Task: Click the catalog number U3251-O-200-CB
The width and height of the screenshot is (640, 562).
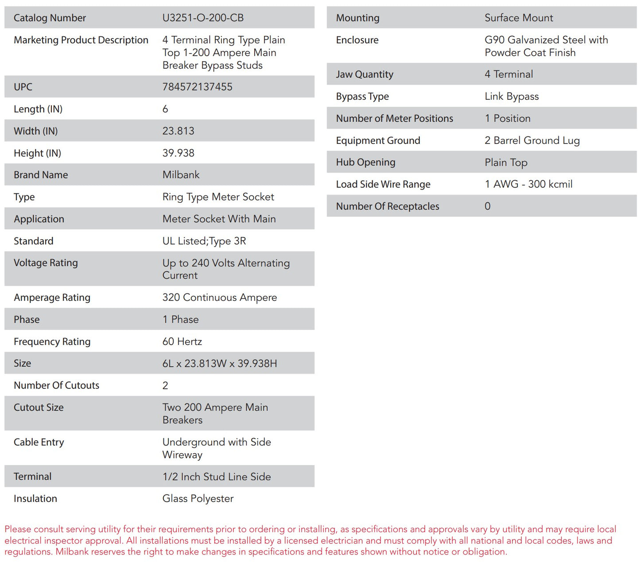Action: (x=203, y=18)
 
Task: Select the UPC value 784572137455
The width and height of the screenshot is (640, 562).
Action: (x=197, y=87)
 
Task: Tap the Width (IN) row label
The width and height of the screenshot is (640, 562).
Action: (x=35, y=131)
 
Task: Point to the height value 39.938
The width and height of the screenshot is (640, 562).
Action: (x=178, y=153)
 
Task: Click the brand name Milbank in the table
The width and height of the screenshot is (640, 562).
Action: (x=181, y=175)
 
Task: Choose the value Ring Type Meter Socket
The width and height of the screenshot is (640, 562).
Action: (x=218, y=197)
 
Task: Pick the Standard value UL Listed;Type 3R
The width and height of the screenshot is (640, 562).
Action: (x=204, y=241)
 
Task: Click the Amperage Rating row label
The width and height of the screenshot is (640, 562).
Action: (x=52, y=298)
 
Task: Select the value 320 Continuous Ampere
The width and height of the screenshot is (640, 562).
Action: (x=219, y=298)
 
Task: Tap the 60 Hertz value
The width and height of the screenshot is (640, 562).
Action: (x=182, y=341)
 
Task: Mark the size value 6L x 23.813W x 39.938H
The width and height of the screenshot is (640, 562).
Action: (x=219, y=364)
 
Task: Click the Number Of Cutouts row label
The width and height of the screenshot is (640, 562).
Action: (x=56, y=385)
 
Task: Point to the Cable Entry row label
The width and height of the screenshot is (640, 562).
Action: (x=39, y=442)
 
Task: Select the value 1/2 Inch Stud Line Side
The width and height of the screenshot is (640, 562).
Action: (x=216, y=477)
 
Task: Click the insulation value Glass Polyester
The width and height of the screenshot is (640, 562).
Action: (x=198, y=499)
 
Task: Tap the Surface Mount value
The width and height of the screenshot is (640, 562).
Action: (x=518, y=18)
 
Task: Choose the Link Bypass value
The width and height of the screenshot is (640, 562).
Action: (x=511, y=97)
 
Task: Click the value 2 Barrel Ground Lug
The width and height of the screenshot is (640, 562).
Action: (x=531, y=140)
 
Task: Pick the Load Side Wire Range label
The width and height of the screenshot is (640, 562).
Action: (x=383, y=184)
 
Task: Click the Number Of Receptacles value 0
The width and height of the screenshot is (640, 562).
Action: (x=487, y=206)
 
